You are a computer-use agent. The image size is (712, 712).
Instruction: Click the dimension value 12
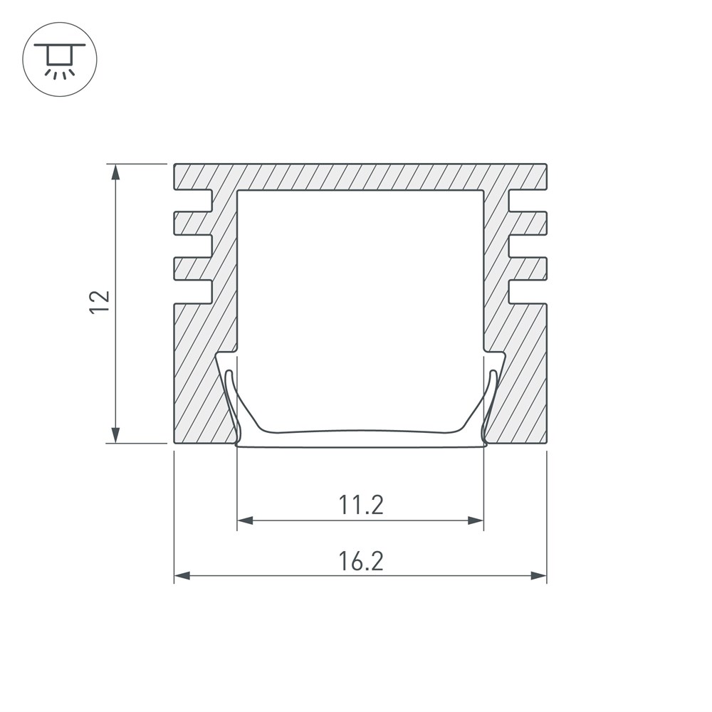click(x=100, y=302)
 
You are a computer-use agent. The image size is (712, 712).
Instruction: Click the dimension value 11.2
click(x=361, y=505)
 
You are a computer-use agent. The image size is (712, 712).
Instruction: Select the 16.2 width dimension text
click(x=361, y=561)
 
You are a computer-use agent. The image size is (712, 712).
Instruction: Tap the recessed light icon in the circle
click(x=60, y=61)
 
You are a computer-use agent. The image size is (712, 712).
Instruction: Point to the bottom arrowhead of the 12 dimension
click(x=116, y=434)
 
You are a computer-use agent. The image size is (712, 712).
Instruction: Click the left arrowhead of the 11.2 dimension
click(x=245, y=520)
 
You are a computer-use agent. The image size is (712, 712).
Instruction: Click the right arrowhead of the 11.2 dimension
click(x=476, y=520)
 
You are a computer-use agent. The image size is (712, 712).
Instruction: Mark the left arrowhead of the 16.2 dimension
click(x=182, y=576)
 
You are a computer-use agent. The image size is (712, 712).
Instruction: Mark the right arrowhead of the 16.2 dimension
click(x=538, y=576)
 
